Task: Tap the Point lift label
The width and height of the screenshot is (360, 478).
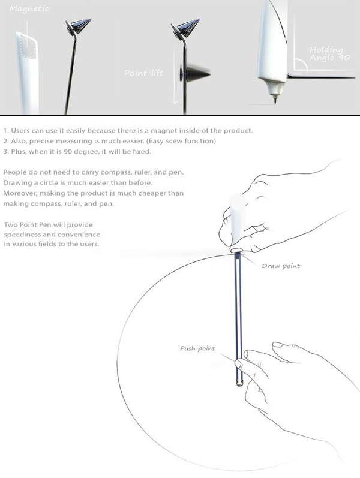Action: tap(140, 73)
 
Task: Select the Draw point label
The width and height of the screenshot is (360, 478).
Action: tap(281, 265)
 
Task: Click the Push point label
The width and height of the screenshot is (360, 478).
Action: tap(197, 348)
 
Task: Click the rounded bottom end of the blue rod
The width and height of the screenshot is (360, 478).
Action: tap(240, 382)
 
